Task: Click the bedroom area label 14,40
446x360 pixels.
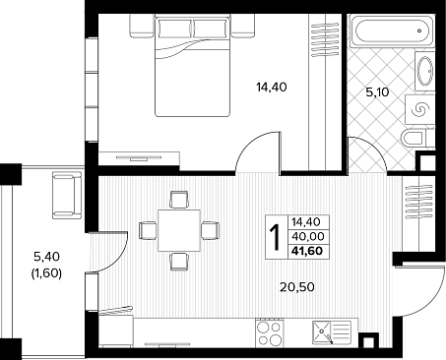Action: [x=272, y=88]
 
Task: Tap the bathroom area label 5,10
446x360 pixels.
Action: [x=377, y=92]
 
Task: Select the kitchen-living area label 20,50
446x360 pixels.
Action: [x=297, y=287]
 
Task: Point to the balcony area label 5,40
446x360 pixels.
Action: [x=46, y=257]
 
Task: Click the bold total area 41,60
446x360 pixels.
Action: [x=307, y=251]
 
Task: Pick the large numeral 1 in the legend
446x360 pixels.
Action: [x=276, y=238]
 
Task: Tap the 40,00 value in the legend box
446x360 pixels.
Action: [x=308, y=236]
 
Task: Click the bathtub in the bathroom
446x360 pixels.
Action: [x=391, y=31]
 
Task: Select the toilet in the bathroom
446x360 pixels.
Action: [x=414, y=138]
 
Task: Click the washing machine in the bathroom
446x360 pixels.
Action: [x=420, y=109]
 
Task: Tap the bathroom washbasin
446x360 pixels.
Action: [x=425, y=71]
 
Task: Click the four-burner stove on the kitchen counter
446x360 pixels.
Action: [x=269, y=332]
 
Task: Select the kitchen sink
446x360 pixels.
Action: [x=332, y=332]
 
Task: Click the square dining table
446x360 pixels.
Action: [x=179, y=230]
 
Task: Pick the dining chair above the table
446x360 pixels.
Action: [x=179, y=200]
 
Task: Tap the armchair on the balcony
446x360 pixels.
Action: [x=67, y=196]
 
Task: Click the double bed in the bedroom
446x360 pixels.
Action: [x=192, y=67]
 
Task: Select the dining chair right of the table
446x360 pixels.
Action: [x=210, y=230]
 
